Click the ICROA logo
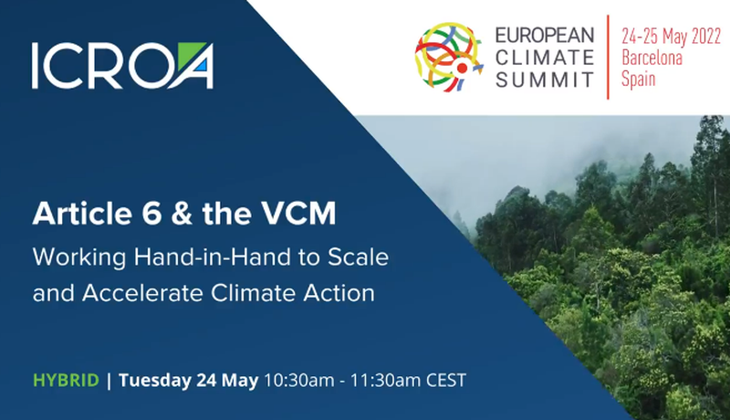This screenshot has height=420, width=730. tap(123, 65)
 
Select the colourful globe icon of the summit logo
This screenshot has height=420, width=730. tap(448, 57)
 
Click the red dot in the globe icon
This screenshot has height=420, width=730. tap(462, 68)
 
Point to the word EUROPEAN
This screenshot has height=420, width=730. tap(545, 35)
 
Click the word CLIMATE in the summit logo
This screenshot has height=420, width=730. tap(545, 58)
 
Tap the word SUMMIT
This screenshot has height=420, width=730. tap(545, 79)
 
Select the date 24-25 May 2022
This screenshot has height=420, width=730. tap(672, 37)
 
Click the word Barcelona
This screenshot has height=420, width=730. tap(652, 58)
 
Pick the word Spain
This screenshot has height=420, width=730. tap(638, 79)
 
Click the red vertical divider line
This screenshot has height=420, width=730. tap(608, 57)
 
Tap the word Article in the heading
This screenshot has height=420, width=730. tap(82, 214)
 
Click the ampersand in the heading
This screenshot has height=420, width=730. tap(181, 215)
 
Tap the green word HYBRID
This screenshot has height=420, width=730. tap(66, 381)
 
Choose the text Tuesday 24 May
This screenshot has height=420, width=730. tap(189, 381)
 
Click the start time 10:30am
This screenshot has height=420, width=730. tap(299, 381)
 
